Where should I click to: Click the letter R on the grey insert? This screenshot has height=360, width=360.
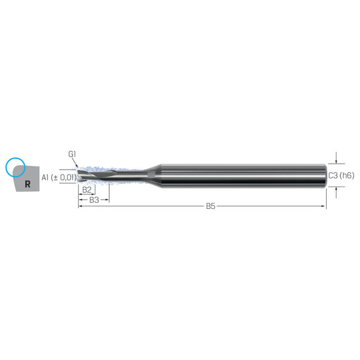pos(27,184)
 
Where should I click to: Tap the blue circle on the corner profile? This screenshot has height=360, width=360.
pos(14,168)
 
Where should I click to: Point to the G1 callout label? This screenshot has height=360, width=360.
pos(72,154)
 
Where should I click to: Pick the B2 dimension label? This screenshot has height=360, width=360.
pos(86,189)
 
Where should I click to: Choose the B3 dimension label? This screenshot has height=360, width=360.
pos(93,200)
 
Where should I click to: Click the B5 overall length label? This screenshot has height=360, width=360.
pos(211,206)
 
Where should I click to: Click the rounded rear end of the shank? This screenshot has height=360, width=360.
pos(325,175)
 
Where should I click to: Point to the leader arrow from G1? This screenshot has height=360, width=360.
pos(77,163)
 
